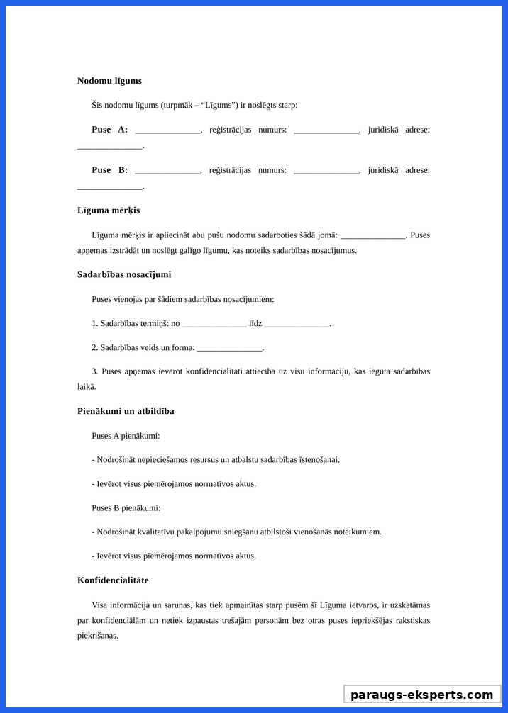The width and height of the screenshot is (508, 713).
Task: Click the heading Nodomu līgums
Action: pyautogui.click(x=109, y=81)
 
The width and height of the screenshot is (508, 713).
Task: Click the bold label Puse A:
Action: pyautogui.click(x=109, y=130)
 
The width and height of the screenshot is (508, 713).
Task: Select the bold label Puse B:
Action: pyautogui.click(x=109, y=170)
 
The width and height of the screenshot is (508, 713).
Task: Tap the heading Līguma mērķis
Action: pyautogui.click(x=109, y=210)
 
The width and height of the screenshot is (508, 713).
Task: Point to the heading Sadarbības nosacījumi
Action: pyautogui.click(x=124, y=274)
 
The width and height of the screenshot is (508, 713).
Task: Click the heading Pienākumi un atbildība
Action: pyautogui.click(x=126, y=411)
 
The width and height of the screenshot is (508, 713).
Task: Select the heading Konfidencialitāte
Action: pyautogui.click(x=113, y=580)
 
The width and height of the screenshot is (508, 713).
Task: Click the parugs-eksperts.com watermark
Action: pyautogui.click(x=421, y=695)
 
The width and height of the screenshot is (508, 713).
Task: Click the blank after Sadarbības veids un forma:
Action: pyautogui.click(x=229, y=348)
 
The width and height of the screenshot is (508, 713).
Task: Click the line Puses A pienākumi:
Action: pyautogui.click(x=126, y=436)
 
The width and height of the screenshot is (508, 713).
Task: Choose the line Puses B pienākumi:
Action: pyautogui.click(x=126, y=508)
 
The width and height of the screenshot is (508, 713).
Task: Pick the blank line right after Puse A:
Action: pyautogui.click(x=168, y=130)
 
